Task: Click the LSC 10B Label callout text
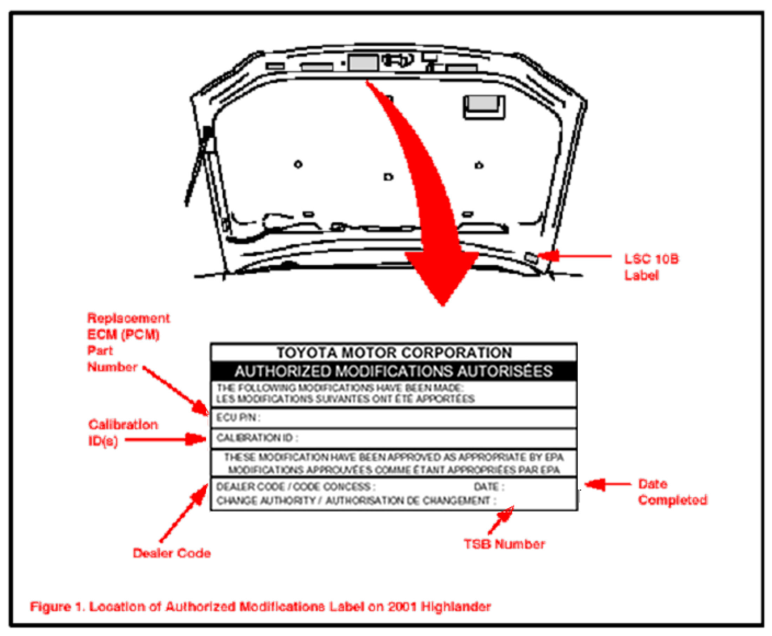tap(651, 267)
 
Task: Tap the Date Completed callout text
tap(672, 492)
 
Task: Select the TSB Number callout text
tap(504, 544)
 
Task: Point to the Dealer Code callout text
tap(171, 553)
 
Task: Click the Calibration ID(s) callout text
tap(123, 432)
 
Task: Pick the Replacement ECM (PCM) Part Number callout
tap(128, 342)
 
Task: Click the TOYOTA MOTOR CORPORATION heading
tap(394, 352)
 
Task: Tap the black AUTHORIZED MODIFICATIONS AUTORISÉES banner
tap(394, 371)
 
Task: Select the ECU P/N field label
tap(238, 418)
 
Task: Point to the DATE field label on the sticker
tap(488, 487)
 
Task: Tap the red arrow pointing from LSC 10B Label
tap(575, 256)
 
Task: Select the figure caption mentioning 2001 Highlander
tap(260, 606)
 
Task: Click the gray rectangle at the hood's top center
tap(362, 62)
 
